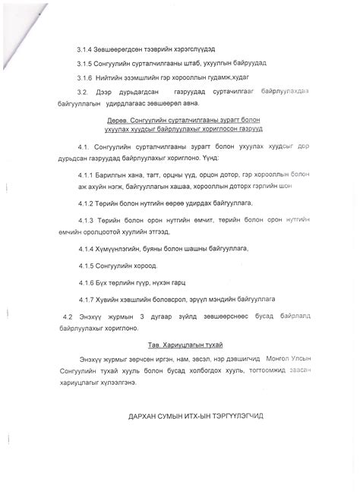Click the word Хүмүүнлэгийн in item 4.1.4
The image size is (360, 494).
point(125,249)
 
